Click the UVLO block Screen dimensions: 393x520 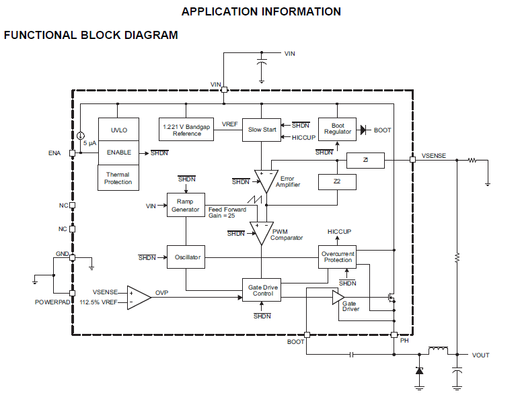point(118,130)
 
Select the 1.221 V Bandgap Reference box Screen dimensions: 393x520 point(187,130)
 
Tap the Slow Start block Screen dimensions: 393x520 point(262,130)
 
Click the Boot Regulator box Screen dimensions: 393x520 point(338,128)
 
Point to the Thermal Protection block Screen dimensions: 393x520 point(118,177)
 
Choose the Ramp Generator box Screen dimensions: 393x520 point(185,205)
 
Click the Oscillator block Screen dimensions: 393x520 point(188,257)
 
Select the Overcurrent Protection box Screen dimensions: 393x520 point(337,257)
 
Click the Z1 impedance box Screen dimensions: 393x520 point(365,161)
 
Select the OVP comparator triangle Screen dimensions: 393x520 point(139,297)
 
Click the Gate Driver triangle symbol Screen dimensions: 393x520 point(338,298)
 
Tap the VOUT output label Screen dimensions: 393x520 point(481,355)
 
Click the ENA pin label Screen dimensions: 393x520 point(54,153)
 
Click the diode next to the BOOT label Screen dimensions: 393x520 point(365,130)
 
